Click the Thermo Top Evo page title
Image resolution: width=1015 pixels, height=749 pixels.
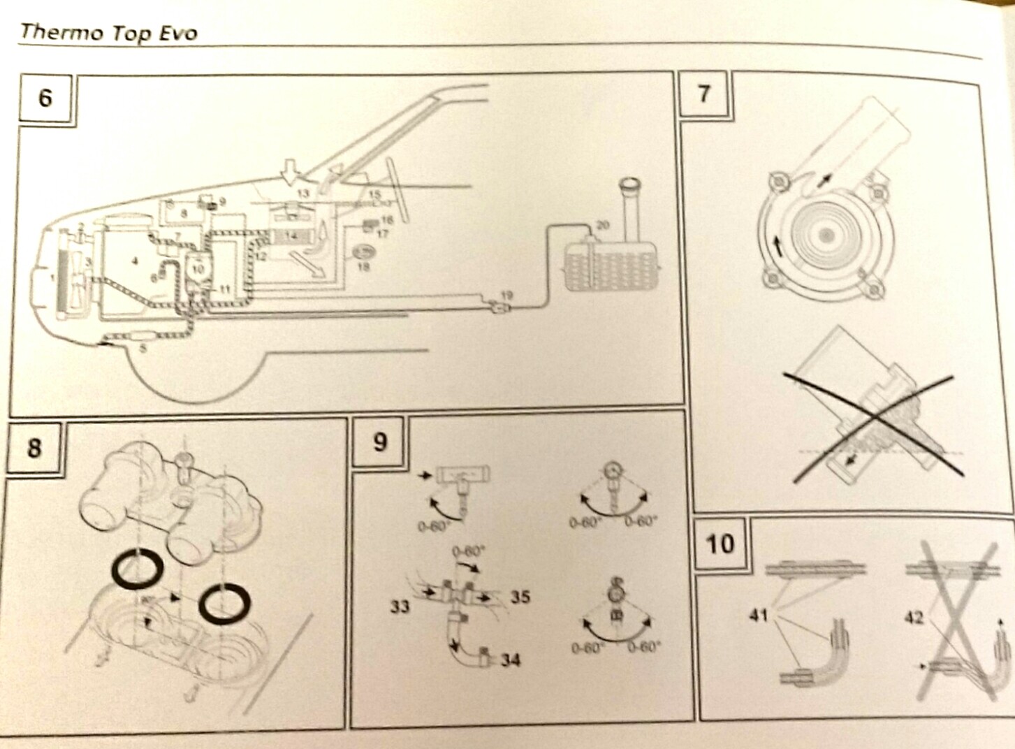[x=108, y=33]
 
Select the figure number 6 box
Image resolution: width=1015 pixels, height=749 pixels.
[x=45, y=97]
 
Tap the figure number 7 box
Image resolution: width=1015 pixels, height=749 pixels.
[x=704, y=93]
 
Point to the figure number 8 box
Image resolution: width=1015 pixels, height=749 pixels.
[x=34, y=447]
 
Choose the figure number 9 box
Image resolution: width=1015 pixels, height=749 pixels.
[x=380, y=442]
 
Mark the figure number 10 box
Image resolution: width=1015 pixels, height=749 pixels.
[x=720, y=543]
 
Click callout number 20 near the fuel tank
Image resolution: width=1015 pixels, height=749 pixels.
[x=603, y=224]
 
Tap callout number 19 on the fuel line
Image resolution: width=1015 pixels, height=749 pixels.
[x=506, y=296]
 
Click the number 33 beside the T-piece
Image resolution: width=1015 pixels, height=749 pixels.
[x=400, y=606]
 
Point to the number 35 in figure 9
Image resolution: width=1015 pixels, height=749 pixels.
[x=520, y=597]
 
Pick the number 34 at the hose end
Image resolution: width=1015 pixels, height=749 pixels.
[x=511, y=660]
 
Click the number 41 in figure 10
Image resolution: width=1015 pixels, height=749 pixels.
[x=758, y=616]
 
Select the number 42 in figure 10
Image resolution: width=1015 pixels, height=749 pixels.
[x=914, y=618]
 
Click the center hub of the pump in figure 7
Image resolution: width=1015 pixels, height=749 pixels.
[x=826, y=235]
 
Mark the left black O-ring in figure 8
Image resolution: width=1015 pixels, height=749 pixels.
[x=137, y=569]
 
